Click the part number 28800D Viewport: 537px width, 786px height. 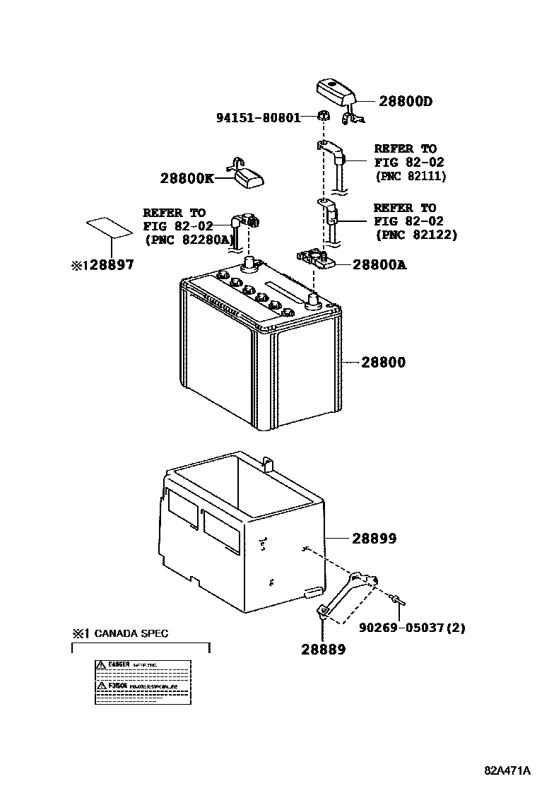point(405,102)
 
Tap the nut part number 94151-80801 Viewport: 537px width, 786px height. point(258,117)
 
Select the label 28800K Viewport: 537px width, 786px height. point(187,179)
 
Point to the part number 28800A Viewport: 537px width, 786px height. point(379,265)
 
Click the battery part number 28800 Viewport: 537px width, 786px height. point(384,363)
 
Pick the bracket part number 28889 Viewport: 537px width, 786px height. point(322,648)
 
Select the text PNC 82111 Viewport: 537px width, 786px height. point(410,176)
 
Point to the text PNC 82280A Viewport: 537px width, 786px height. point(189,240)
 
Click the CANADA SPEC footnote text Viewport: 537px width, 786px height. point(131,633)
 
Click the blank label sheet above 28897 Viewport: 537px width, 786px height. point(108,229)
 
